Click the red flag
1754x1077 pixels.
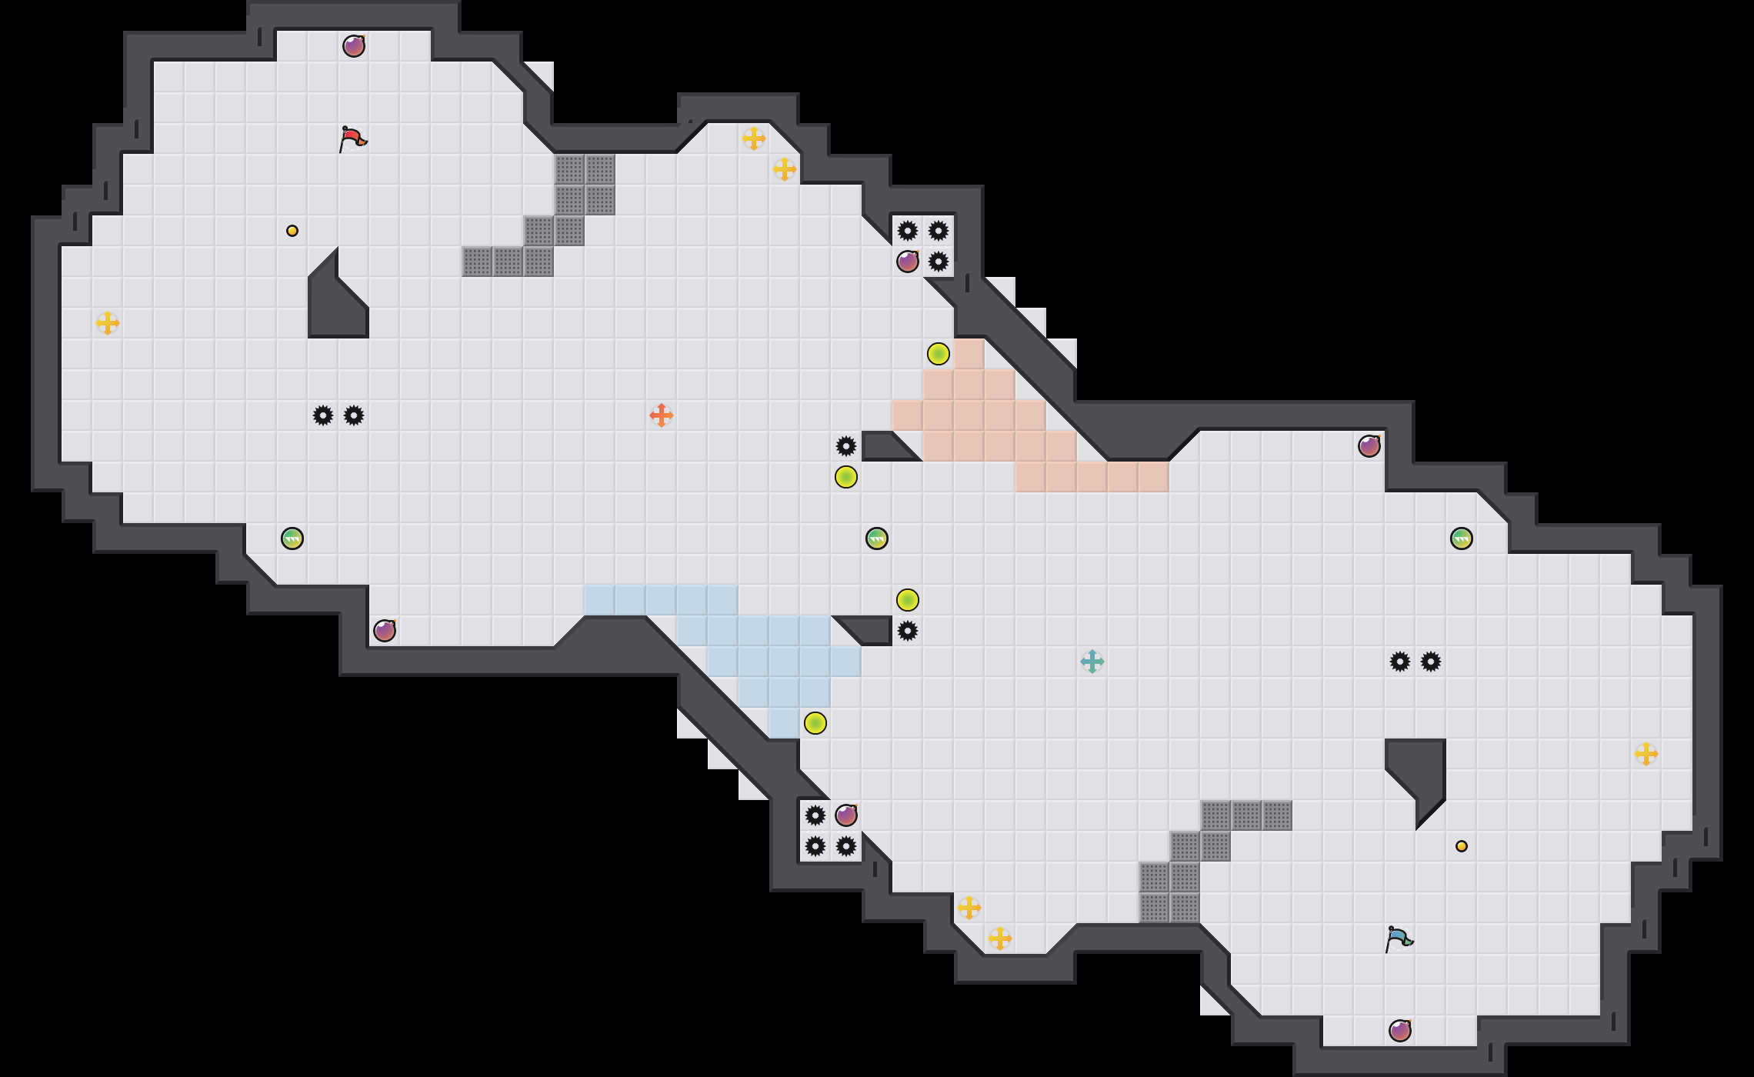pyautogui.click(x=352, y=139)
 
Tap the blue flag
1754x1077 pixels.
pyautogui.click(x=1399, y=939)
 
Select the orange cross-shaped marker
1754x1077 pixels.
pyautogui.click(x=662, y=415)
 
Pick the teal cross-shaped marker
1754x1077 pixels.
pyautogui.click(x=1092, y=662)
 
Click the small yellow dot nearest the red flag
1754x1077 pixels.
pyautogui.click(x=292, y=231)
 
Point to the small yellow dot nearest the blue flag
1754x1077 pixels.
pyautogui.click(x=1462, y=846)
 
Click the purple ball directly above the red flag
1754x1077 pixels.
pyautogui.click(x=354, y=46)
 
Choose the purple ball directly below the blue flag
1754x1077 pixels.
pyautogui.click(x=1400, y=1031)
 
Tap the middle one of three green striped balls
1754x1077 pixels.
pyautogui.click(x=877, y=538)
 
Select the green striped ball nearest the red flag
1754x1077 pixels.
pyautogui.click(x=292, y=538)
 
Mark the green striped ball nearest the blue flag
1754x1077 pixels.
pyautogui.click(x=1462, y=538)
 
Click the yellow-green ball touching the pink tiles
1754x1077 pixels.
pyautogui.click(x=939, y=354)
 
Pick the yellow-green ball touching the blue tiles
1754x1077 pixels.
pyautogui.click(x=815, y=723)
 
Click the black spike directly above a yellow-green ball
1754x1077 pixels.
pyautogui.click(x=846, y=446)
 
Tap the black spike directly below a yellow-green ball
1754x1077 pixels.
pyautogui.click(x=908, y=631)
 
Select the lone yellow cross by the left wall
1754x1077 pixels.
pyautogui.click(x=108, y=323)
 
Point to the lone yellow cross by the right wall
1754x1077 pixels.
pyautogui.click(x=1646, y=754)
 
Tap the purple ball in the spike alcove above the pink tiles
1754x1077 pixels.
pyautogui.click(x=908, y=262)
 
